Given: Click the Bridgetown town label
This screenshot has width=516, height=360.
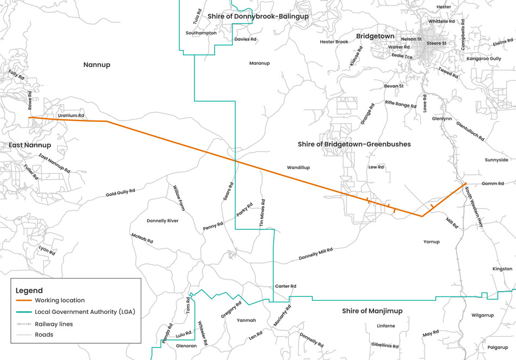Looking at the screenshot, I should [375, 36].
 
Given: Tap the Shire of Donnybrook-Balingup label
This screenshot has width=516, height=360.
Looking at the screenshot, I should [257, 17].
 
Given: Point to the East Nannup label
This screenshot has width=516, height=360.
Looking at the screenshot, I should [30, 145].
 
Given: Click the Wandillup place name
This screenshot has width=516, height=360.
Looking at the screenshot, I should [298, 168].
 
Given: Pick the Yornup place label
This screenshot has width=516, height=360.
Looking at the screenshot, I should [431, 242].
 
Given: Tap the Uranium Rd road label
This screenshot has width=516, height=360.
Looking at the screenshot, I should [71, 116].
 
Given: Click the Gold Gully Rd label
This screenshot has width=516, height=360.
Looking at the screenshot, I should [120, 193].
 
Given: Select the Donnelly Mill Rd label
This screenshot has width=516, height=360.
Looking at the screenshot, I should [316, 254].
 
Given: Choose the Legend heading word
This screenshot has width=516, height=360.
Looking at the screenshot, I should [29, 290].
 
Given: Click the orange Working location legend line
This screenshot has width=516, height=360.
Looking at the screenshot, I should [23, 300].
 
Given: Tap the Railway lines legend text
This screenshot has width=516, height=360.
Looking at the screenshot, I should [54, 324].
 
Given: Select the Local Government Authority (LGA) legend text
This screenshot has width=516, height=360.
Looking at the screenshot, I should [84, 312].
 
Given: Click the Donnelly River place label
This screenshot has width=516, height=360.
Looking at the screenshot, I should [162, 221].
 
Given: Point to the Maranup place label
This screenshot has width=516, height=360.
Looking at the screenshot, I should [259, 64].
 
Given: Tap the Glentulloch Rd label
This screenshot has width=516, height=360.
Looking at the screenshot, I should [470, 130].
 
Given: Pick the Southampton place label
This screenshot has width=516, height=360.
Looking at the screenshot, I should [201, 33].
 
